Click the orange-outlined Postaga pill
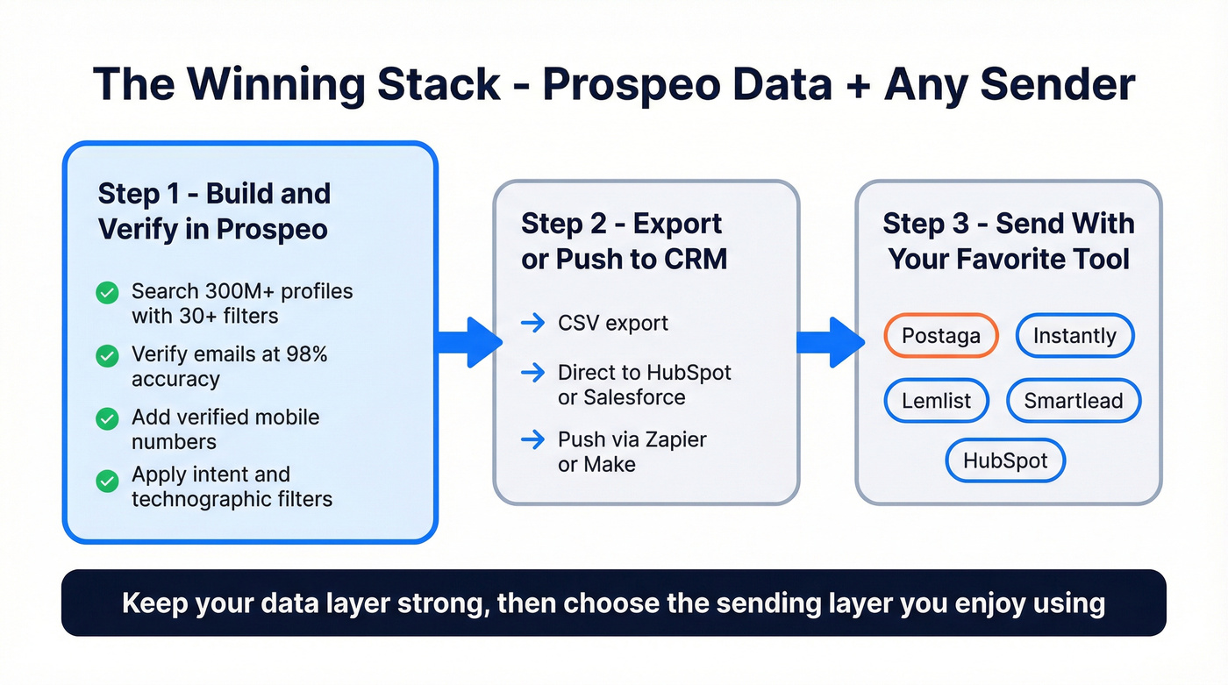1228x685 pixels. [940, 336]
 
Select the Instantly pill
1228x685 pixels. [1074, 336]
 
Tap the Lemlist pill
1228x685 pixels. [936, 401]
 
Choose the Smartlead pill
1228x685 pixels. [1074, 401]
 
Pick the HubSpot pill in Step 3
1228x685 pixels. [1004, 460]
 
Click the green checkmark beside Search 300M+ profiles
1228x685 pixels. [107, 293]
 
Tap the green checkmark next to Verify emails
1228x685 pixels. [107, 355]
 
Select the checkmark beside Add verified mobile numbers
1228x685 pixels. [107, 418]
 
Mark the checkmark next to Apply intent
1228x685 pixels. [107, 481]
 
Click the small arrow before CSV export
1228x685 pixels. [532, 324]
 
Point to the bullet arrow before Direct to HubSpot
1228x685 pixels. [532, 373]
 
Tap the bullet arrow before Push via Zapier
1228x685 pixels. [532, 439]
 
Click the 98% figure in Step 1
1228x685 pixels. [310, 354]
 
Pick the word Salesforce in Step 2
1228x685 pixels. [622, 396]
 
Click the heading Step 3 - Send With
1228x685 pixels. [1008, 224]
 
